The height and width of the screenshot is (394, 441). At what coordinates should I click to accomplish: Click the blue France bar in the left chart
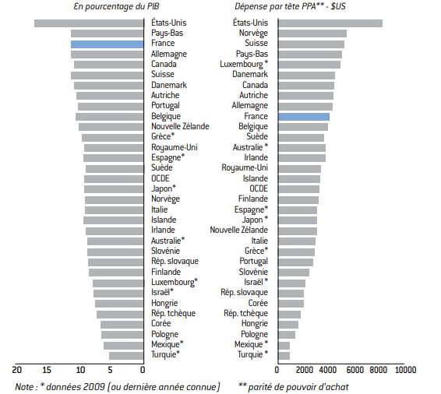coord(108,44)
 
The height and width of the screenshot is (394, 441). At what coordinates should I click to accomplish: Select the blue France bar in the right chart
coord(304,117)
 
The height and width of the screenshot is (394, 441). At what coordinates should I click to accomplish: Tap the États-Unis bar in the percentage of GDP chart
coord(89,23)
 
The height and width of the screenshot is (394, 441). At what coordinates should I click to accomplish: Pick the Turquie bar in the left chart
coord(126,356)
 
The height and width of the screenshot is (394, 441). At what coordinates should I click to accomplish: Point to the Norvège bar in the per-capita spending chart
coord(312,33)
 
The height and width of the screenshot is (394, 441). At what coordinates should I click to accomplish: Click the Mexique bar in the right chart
coord(284,346)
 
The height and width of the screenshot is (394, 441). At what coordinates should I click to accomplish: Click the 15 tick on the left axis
coord(47,370)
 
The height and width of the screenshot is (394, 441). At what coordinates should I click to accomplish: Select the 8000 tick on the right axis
coord(378,370)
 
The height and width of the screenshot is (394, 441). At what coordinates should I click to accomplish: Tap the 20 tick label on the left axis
coord(16,370)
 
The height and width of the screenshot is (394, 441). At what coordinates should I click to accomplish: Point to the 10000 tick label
coord(405,370)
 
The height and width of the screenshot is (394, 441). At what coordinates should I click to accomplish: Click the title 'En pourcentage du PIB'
coord(116,6)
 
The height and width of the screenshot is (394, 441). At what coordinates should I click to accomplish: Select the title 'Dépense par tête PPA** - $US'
coord(290,6)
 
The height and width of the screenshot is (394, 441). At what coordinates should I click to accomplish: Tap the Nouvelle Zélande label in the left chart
coord(180,126)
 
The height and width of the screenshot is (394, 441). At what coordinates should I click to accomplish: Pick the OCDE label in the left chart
coord(161,178)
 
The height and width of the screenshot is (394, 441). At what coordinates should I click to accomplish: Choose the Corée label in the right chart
coord(258,303)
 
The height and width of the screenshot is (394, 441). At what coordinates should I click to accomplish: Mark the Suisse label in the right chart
coord(256,43)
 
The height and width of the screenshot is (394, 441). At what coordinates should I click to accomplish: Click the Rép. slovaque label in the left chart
coord(175,261)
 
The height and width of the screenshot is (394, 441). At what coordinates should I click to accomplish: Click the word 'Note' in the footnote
coord(25,387)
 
